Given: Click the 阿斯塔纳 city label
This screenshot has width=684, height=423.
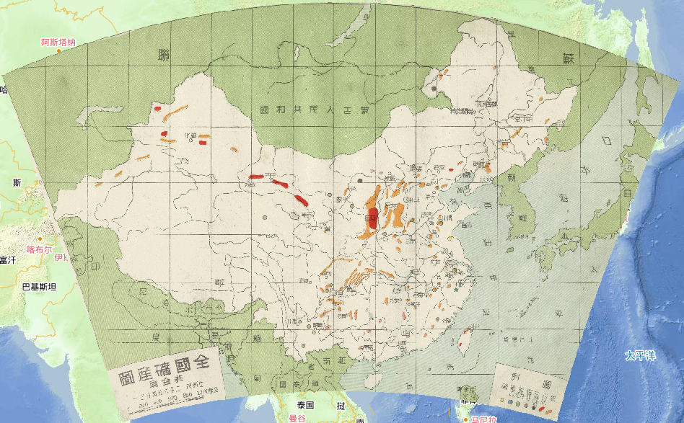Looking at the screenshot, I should [58, 43].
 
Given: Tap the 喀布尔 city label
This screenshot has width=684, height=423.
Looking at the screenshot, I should [40, 249].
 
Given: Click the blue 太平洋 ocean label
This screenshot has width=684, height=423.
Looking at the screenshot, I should [640, 355].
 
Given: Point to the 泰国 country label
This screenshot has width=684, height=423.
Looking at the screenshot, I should [307, 405].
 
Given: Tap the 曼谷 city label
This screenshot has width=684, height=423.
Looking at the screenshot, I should [297, 418].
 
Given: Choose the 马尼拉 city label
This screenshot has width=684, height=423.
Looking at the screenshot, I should [483, 419].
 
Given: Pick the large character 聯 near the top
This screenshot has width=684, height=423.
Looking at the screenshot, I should [165, 54].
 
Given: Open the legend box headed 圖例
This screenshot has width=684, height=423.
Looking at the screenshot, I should [528, 389].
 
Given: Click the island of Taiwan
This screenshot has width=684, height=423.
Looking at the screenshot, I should [465, 336].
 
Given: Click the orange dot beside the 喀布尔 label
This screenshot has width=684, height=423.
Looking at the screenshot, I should [41, 239].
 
